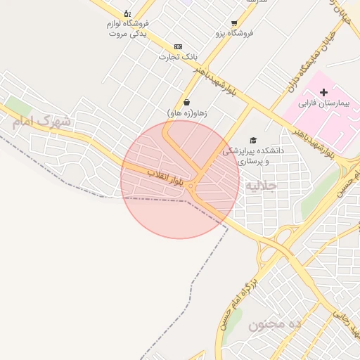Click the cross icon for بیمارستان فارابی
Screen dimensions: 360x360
[x=323, y=93]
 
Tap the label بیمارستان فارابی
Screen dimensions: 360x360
[x=328, y=104]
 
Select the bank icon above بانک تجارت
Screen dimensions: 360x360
[x=177, y=46]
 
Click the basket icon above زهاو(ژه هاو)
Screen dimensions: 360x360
[x=186, y=103]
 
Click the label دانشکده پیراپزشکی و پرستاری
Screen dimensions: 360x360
[x=253, y=155]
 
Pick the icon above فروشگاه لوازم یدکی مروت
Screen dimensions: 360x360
[x=127, y=13]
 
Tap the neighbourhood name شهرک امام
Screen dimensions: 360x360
[x=41, y=121]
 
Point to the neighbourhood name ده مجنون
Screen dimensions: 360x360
[x=274, y=324]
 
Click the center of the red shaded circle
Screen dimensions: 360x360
[x=180, y=180]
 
